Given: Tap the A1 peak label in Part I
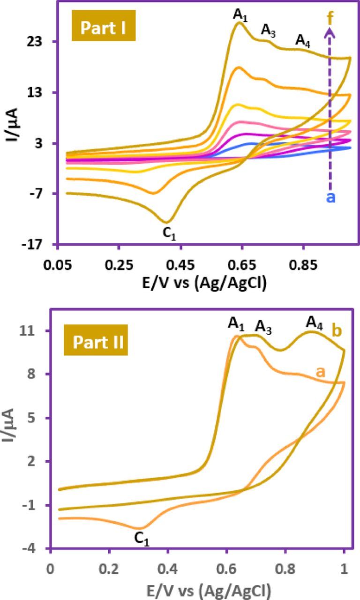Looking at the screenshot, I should [240, 15].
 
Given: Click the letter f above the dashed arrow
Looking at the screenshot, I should [330, 19].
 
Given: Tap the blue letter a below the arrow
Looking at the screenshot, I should [330, 197].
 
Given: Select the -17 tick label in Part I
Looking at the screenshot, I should [34, 244].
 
